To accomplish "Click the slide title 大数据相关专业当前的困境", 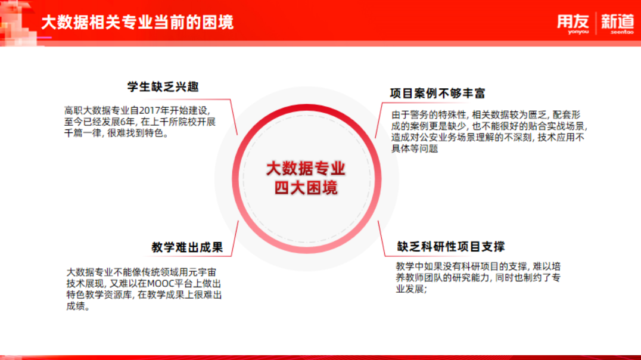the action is coord(138,22).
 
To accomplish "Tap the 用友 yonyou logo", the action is coord(573,24).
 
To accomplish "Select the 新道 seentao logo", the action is coord(617,24).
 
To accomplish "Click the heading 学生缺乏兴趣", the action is coord(163,87).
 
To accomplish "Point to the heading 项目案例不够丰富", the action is coord(437,93).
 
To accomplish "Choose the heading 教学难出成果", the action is coord(187,247).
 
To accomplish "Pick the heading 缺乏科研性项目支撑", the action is coord(451,246).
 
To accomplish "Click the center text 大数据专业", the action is coord(306,169).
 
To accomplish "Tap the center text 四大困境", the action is coord(306,188).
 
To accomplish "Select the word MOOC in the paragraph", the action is coord(160,284).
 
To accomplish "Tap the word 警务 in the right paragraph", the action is coord(420,115).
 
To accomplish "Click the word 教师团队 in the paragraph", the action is coord(424,278).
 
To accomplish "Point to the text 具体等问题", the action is coord(415,148).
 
